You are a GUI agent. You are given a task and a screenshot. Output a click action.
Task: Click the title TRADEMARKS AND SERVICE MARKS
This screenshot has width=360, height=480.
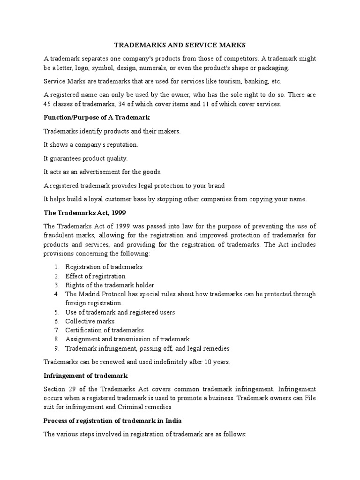tap(180, 45)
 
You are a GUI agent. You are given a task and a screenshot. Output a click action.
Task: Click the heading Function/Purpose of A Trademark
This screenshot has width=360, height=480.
tap(97, 117)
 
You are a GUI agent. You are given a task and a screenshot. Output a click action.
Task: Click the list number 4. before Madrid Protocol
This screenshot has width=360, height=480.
tap(56, 294)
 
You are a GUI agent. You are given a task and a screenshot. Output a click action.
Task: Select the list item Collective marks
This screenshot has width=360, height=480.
tap(90, 321)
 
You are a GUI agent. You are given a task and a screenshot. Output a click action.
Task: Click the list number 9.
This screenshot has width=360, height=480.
tap(56, 348)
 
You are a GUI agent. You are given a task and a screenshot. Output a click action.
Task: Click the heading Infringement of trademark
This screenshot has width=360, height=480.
tap(85, 375)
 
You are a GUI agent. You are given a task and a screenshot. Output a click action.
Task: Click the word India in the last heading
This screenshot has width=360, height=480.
tap(198, 420)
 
